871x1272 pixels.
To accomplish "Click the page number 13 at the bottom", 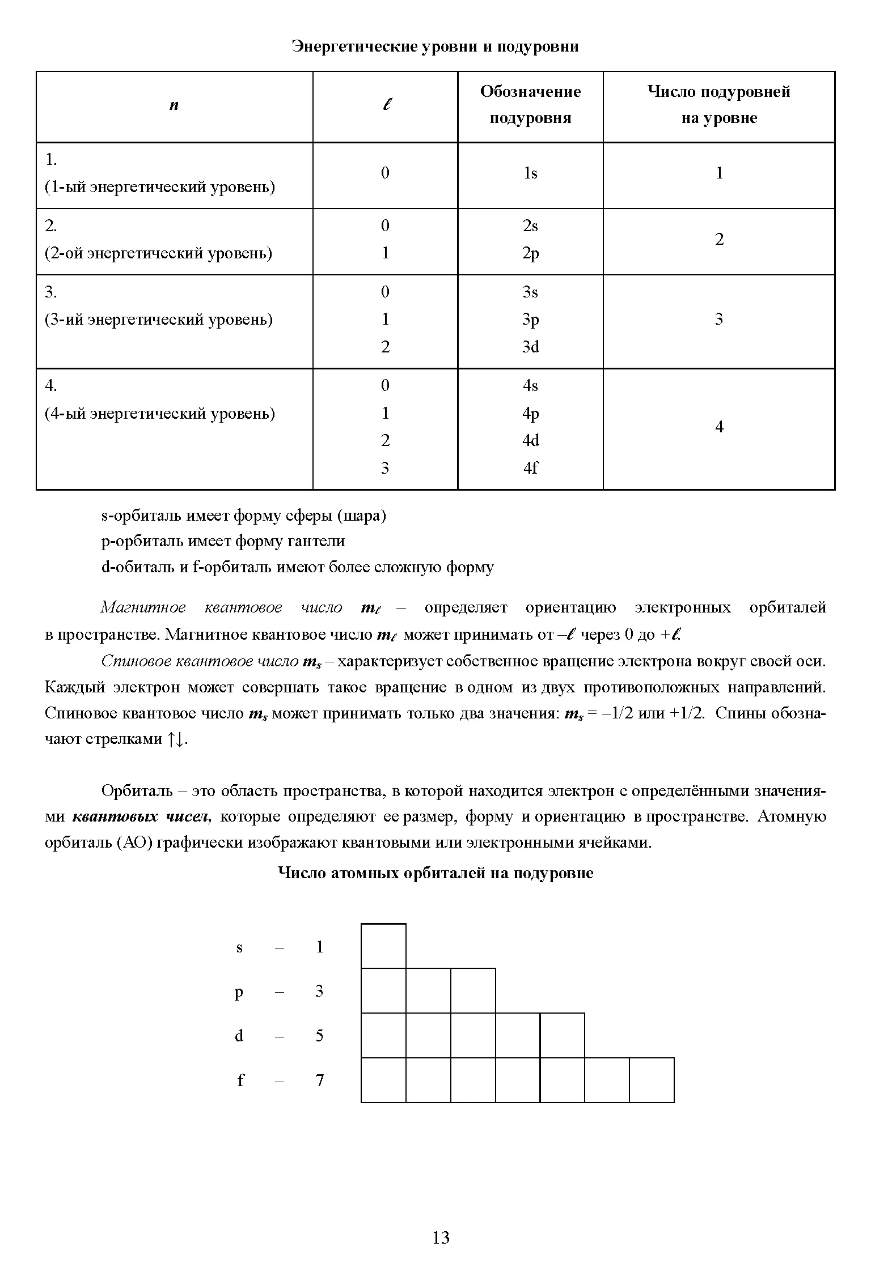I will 441,1237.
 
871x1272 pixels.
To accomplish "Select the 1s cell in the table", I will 530,173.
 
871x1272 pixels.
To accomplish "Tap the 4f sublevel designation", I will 530,468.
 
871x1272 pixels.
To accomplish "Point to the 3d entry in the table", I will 530,347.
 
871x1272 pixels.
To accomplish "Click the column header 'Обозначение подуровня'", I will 530,105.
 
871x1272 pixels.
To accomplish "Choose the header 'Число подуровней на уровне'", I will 718,105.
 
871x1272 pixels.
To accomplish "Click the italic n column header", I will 174,105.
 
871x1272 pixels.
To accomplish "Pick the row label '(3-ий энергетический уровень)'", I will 159,320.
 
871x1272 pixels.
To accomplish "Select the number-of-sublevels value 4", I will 719,427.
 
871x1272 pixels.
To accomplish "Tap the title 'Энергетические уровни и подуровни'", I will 435,46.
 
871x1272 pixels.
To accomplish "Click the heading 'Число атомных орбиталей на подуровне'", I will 435,873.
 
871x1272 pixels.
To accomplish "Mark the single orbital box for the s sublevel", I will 383,946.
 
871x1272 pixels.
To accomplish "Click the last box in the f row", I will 652,1080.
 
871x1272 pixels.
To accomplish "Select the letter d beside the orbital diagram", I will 239,1036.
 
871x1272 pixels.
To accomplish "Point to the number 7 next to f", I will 320,1080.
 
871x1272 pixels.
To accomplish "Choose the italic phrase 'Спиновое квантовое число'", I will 200,661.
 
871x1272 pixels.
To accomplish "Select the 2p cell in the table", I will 530,253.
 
